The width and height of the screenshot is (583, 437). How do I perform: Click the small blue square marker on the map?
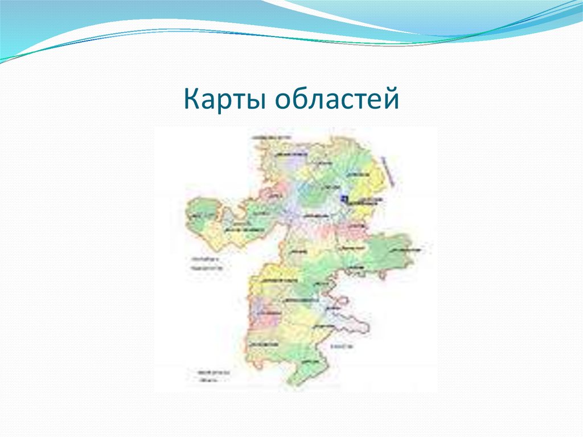coord(343,198)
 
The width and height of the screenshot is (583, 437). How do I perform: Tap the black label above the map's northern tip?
coord(273,138)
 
